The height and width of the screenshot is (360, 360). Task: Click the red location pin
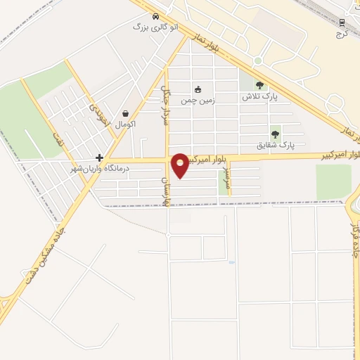180,165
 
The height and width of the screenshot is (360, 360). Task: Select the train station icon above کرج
342,22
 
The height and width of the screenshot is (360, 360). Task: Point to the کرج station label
342,33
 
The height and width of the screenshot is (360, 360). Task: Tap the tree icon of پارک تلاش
259,86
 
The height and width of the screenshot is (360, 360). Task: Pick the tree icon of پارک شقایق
275,134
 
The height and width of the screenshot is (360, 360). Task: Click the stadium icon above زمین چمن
198,89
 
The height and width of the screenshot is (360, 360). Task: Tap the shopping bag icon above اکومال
125,113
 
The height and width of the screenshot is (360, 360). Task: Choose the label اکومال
125,124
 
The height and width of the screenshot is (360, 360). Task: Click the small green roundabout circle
258,60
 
